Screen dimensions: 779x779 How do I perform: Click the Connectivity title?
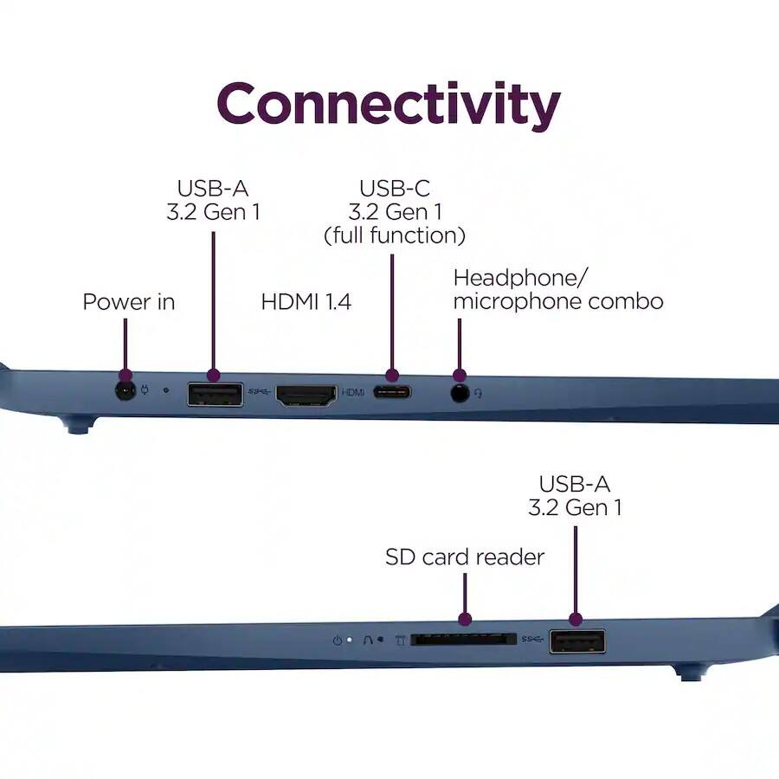coord(389,105)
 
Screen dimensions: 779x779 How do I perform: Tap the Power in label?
coord(129,301)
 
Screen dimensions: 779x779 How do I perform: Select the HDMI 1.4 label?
coord(306,301)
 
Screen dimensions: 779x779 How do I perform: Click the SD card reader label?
coord(465,557)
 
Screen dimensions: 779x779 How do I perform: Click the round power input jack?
coord(126,391)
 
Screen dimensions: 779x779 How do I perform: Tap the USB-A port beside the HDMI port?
coord(216,395)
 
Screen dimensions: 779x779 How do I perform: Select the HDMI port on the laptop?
coord(306,396)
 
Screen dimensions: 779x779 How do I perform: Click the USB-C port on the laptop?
coord(392,392)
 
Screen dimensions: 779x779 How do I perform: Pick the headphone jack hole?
coord(460,393)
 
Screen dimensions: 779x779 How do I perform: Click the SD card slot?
coord(464,640)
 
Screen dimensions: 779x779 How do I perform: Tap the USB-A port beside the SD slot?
coord(577,641)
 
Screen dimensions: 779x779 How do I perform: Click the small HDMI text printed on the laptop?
coord(353,392)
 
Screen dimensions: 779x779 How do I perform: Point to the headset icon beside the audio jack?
coord(478,394)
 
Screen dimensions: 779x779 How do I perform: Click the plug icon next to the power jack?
coord(145,389)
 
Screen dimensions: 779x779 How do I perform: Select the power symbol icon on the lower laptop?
coord(338,641)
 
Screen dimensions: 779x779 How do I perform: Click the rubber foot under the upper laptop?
coord(78,426)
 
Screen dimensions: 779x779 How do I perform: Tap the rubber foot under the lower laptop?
coord(689,673)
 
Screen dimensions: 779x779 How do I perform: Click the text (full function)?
coord(395,235)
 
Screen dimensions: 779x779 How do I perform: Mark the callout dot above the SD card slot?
coord(465,619)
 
